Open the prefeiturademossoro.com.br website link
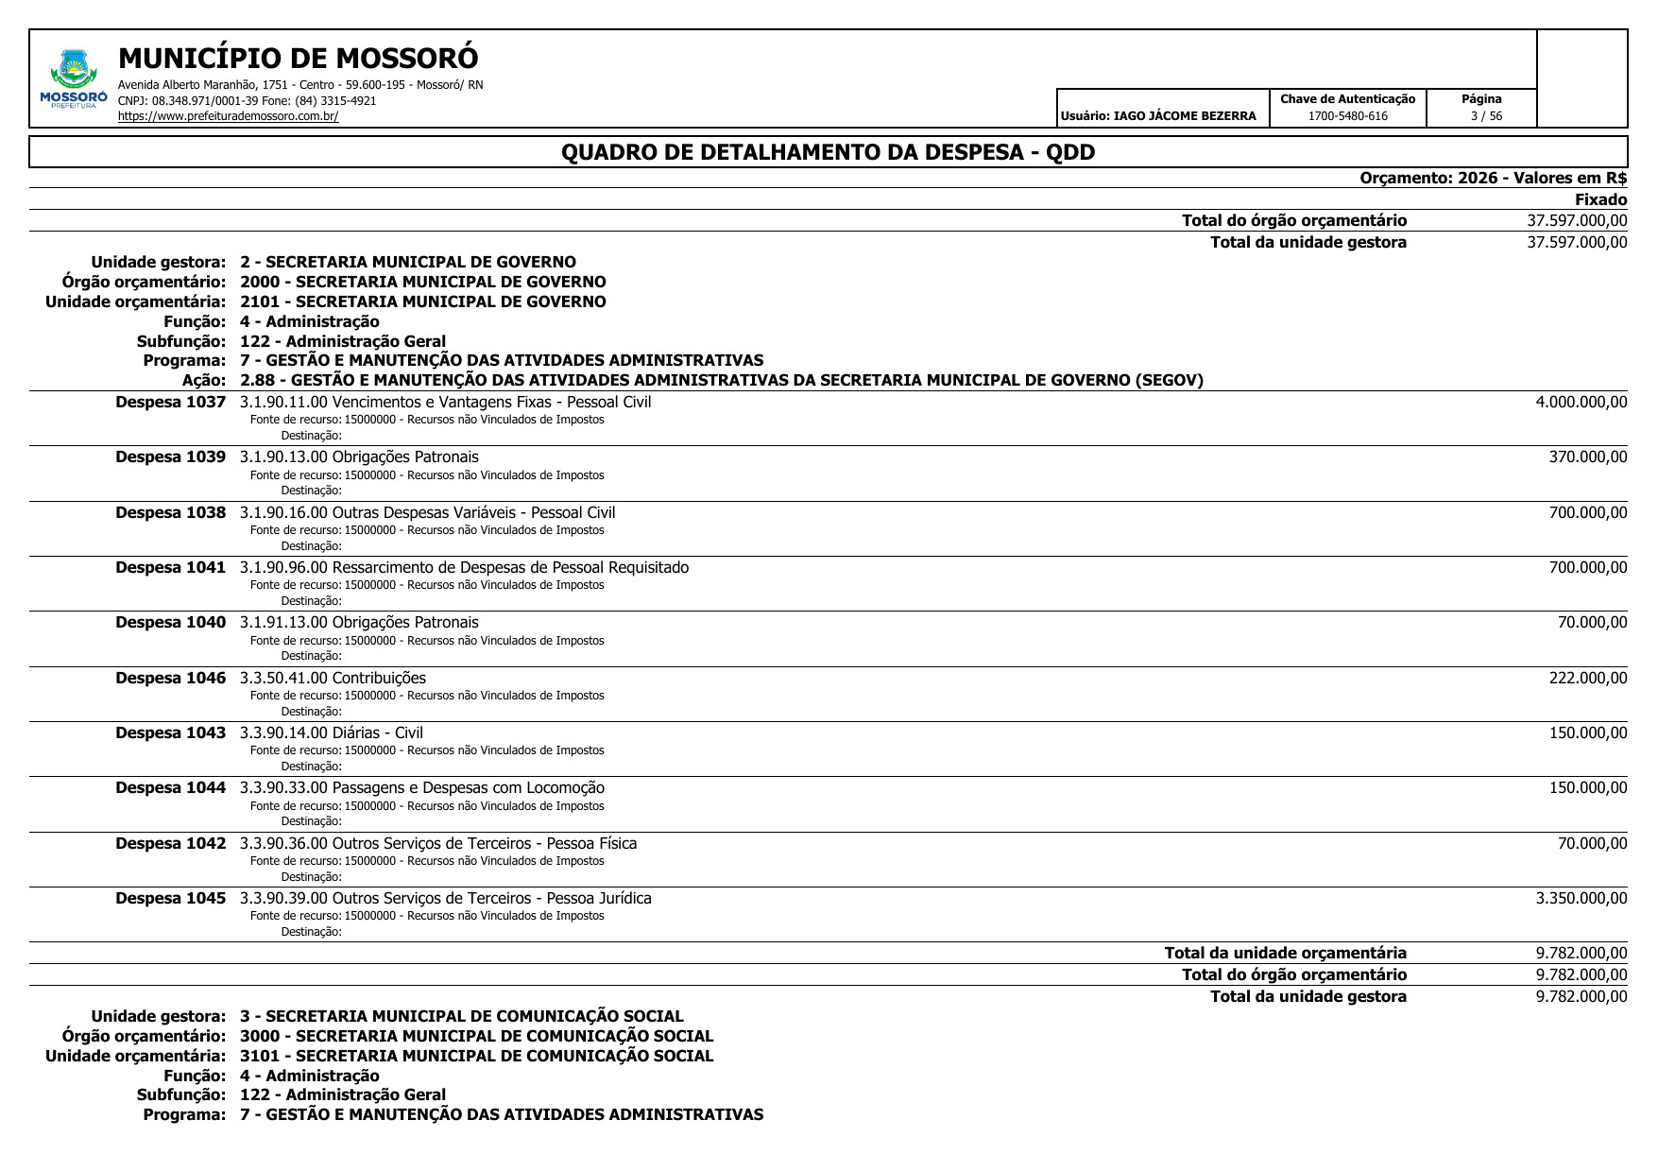tap(228, 116)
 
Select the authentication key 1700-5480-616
tap(1347, 116)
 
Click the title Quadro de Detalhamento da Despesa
tap(828, 152)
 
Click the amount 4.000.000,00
tap(1581, 402)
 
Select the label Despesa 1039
tap(171, 457)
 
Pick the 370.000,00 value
tap(1587, 457)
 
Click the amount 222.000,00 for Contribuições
tap(1587, 678)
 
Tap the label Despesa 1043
tap(171, 733)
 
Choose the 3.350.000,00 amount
tap(1581, 898)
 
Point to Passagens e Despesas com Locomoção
tap(468, 788)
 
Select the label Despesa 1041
tap(171, 568)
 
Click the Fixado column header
tap(1600, 199)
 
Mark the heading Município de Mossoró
tap(299, 59)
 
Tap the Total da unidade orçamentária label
tap(1285, 953)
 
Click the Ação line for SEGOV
tap(721, 381)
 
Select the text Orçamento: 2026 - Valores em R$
tap(1493, 178)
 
